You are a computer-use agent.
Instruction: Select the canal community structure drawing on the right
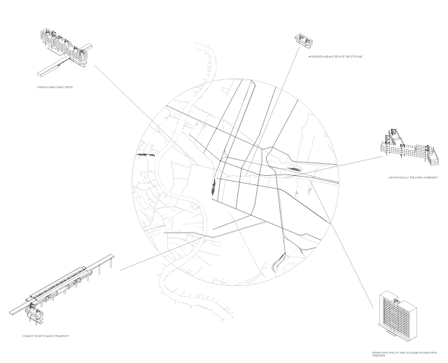[405, 149]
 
